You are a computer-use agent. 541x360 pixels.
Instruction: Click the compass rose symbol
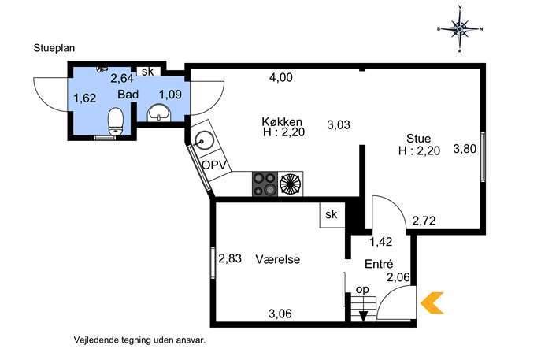click(460, 29)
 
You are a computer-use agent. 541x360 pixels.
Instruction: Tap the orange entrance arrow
click(432, 302)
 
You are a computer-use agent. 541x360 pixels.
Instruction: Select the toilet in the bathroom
click(116, 121)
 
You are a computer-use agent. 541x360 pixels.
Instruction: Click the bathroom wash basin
click(159, 113)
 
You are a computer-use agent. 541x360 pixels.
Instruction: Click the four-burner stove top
click(265, 184)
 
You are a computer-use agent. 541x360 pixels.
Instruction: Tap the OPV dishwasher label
click(216, 165)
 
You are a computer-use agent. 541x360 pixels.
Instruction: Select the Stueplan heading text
click(54, 48)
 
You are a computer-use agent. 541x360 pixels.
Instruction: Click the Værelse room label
click(278, 259)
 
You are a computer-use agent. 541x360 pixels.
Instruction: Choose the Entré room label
click(379, 264)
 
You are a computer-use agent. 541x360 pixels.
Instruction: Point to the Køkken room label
click(282, 121)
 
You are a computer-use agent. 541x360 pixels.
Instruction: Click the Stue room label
click(419, 139)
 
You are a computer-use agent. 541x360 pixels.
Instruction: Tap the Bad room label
click(128, 95)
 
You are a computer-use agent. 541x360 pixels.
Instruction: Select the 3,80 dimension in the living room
click(465, 149)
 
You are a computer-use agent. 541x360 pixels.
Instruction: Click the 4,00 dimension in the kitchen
click(281, 77)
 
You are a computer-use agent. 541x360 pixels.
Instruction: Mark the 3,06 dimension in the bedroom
click(280, 314)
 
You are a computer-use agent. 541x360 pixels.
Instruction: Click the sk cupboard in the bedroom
click(332, 215)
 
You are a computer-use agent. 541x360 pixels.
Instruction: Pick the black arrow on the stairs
click(363, 316)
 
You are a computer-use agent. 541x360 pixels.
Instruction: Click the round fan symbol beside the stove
click(291, 184)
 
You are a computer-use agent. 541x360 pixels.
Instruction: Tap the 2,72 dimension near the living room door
click(424, 221)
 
